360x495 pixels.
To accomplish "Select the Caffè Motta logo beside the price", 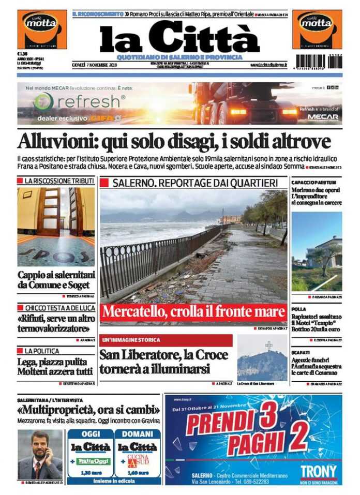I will pos(42,29).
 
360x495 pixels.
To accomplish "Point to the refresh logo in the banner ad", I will pos(80,102).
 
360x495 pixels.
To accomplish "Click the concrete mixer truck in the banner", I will pos(243,102).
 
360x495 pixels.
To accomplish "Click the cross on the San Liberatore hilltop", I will pos(268,346).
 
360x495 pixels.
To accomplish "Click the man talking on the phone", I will pos(40,455).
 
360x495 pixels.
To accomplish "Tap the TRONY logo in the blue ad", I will pos(318,471).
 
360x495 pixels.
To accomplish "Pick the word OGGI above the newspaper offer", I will pos(91,434).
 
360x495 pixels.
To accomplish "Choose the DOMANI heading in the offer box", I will pos(138,434).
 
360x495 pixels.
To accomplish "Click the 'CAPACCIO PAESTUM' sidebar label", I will pos(313,183).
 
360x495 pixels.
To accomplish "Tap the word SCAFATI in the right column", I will pos(301,352).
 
